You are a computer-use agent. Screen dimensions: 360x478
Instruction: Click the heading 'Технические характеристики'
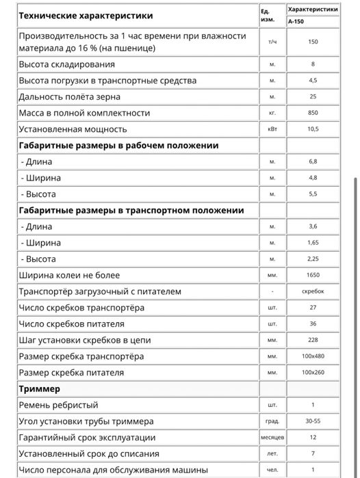(86, 15)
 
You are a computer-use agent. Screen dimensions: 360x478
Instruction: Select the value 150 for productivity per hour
(313, 42)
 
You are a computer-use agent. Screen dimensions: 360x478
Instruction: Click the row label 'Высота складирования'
(66, 64)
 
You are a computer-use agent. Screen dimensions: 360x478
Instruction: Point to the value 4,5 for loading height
(313, 81)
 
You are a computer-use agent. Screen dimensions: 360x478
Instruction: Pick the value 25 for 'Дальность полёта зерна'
(313, 96)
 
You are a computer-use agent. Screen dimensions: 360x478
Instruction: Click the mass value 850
(313, 113)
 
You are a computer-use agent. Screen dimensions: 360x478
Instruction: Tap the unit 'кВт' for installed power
(272, 129)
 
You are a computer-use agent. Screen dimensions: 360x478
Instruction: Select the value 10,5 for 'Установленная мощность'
(313, 129)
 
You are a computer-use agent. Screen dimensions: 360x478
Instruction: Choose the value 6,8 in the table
(313, 162)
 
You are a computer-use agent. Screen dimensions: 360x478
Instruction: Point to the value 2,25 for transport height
(313, 259)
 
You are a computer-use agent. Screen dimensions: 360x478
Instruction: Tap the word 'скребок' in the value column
(313, 291)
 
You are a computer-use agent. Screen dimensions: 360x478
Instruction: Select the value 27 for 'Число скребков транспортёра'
(313, 308)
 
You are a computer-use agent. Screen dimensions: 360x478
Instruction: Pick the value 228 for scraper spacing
(313, 340)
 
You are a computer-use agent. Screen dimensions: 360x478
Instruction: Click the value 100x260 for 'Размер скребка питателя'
(313, 373)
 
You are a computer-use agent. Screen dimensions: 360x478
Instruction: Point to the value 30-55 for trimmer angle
(313, 421)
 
